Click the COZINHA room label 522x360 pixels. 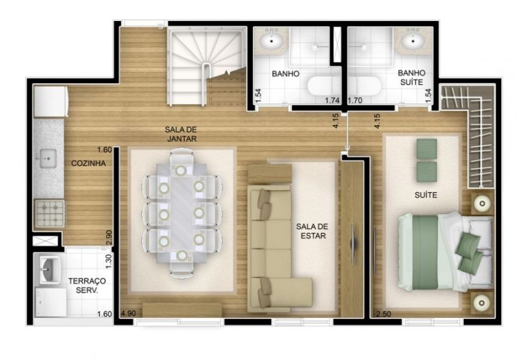[89, 163]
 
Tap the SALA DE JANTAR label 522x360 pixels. [181, 134]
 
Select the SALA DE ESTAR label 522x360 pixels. [312, 231]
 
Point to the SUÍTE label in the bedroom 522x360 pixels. [426, 195]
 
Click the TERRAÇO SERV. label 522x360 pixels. [87, 286]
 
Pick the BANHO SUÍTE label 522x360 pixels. [412, 77]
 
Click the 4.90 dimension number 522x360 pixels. [128, 313]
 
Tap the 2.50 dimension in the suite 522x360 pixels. [383, 314]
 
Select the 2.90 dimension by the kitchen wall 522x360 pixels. [109, 238]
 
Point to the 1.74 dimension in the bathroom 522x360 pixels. [332, 100]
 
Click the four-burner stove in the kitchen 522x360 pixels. [50, 213]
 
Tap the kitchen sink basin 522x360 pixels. [48, 158]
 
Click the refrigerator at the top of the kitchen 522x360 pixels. [50, 101]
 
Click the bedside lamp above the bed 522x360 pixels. [481, 203]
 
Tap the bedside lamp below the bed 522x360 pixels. [481, 303]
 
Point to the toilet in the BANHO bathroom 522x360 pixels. [323, 86]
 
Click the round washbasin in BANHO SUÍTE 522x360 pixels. [413, 41]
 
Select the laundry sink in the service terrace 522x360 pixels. [50, 270]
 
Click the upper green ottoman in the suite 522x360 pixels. [427, 149]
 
